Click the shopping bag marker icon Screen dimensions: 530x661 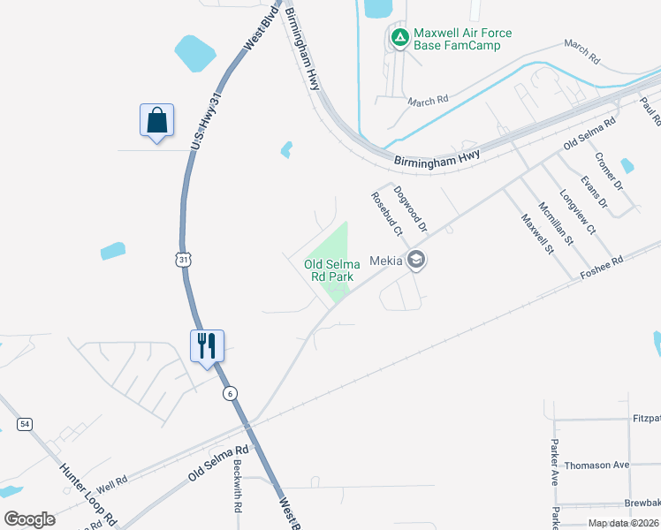[156, 120]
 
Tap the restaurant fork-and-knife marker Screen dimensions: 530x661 [207, 345]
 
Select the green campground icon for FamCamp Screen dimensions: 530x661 [399, 38]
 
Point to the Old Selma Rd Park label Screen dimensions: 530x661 [332, 270]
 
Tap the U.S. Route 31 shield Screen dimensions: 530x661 [182, 259]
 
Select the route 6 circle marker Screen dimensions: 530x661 [230, 394]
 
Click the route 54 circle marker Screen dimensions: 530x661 [25, 424]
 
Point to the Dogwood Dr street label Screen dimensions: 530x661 [411, 208]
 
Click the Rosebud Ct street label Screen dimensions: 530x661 [387, 215]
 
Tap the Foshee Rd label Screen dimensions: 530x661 [602, 267]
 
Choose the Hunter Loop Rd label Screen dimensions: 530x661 [83, 491]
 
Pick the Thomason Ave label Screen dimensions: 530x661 [596, 465]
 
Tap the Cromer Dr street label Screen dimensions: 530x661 [608, 173]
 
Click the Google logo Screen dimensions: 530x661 [29, 519]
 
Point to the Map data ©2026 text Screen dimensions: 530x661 [623, 523]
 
